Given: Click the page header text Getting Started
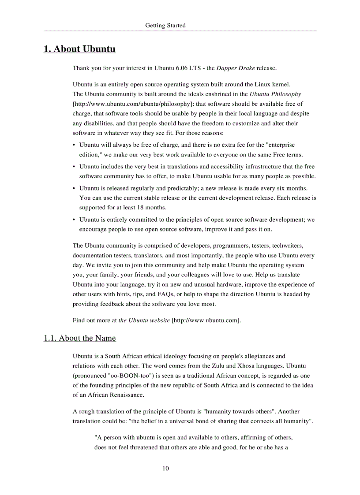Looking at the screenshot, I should tap(165, 26).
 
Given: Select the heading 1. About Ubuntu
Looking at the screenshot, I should tap(79, 49).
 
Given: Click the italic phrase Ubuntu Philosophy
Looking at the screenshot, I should tap(275, 94).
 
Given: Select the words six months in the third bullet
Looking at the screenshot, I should tap(294, 188).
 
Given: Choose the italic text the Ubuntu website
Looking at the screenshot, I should tap(144, 320).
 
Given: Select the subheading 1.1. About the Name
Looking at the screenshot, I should tap(79, 338).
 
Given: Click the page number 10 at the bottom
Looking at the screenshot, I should tap(165, 468).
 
